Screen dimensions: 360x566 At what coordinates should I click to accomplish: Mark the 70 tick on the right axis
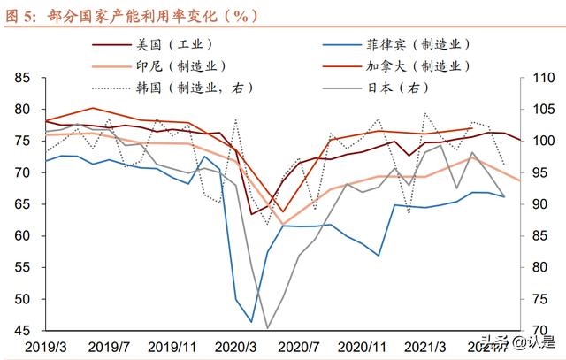[539, 331]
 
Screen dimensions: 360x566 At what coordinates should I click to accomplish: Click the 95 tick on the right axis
[539, 173]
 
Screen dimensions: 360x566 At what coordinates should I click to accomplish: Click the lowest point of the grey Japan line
[267, 328]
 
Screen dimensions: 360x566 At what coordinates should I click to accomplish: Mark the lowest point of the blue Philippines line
[251, 321]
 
